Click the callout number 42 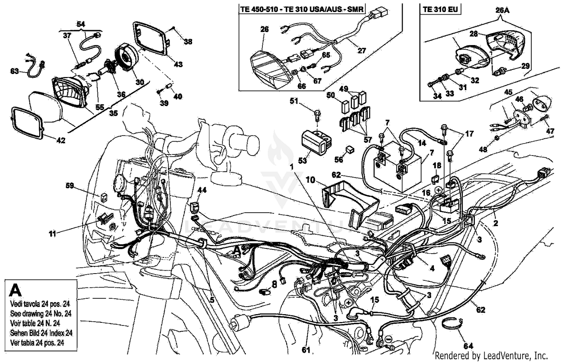[x=61, y=140]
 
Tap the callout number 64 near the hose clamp [x=468, y=346]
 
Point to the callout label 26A [x=502, y=10]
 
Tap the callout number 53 [x=302, y=160]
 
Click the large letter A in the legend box [x=15, y=290]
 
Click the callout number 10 [x=310, y=180]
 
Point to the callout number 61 [x=306, y=350]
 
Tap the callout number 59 [x=70, y=186]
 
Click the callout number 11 [x=52, y=234]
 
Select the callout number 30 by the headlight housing [x=139, y=82]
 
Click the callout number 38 [x=188, y=41]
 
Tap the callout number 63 [x=14, y=71]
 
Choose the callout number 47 [x=550, y=131]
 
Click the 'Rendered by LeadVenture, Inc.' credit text [x=491, y=355]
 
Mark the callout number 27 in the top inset [x=361, y=50]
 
